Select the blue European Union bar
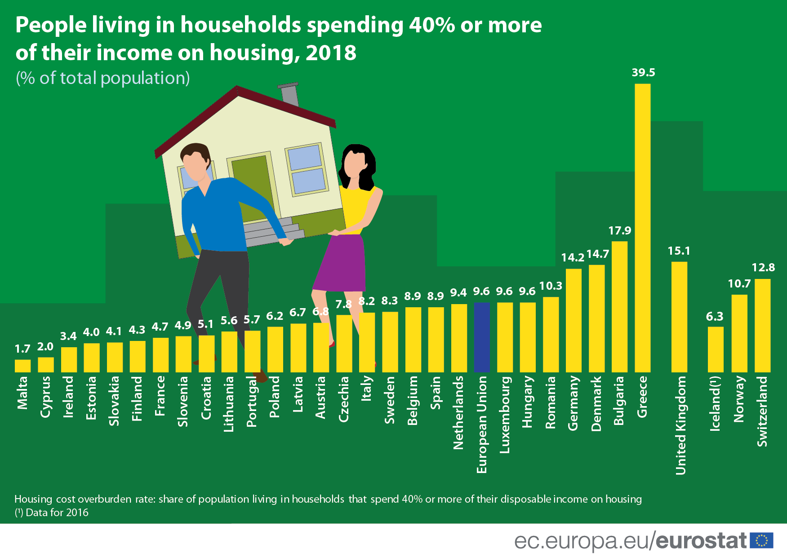pos(481,337)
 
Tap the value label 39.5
pos(643,72)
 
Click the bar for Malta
pos(22,366)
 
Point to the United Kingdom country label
pos(680,425)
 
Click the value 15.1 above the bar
pos(679,251)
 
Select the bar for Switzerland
pos(762,325)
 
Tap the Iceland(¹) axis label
pos(715,403)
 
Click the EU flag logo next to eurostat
pos(761,540)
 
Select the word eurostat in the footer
pos(701,540)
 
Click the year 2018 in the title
pos(331,53)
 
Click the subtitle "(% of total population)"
pos(102,78)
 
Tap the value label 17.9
pos(619,230)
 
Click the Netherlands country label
pos(458,412)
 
